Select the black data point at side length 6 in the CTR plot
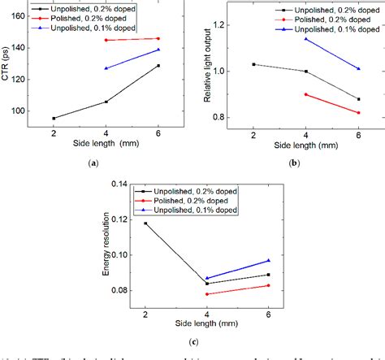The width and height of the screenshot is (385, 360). (x=158, y=66)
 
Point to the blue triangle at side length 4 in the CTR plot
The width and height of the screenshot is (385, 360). (x=106, y=68)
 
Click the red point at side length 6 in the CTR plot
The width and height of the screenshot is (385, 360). (x=158, y=38)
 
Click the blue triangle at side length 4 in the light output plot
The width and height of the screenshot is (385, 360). (x=305, y=39)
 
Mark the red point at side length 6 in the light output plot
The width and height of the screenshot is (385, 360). (x=357, y=113)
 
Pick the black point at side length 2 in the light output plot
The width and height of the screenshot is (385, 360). (x=254, y=64)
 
